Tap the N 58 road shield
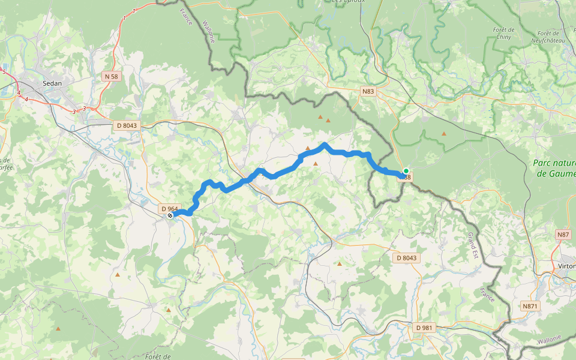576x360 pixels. point(111,76)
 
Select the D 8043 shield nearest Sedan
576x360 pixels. point(126,125)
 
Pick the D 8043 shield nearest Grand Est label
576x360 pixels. point(406,257)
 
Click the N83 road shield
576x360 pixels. point(368,91)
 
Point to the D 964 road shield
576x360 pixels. point(169,208)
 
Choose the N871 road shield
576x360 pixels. point(530,306)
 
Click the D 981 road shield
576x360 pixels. point(426,328)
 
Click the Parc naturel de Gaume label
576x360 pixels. point(554,168)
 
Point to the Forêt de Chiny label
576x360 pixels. point(503,34)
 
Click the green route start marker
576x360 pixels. point(406,171)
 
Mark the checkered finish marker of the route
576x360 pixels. point(170,215)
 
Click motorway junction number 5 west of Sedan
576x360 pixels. point(4,72)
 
